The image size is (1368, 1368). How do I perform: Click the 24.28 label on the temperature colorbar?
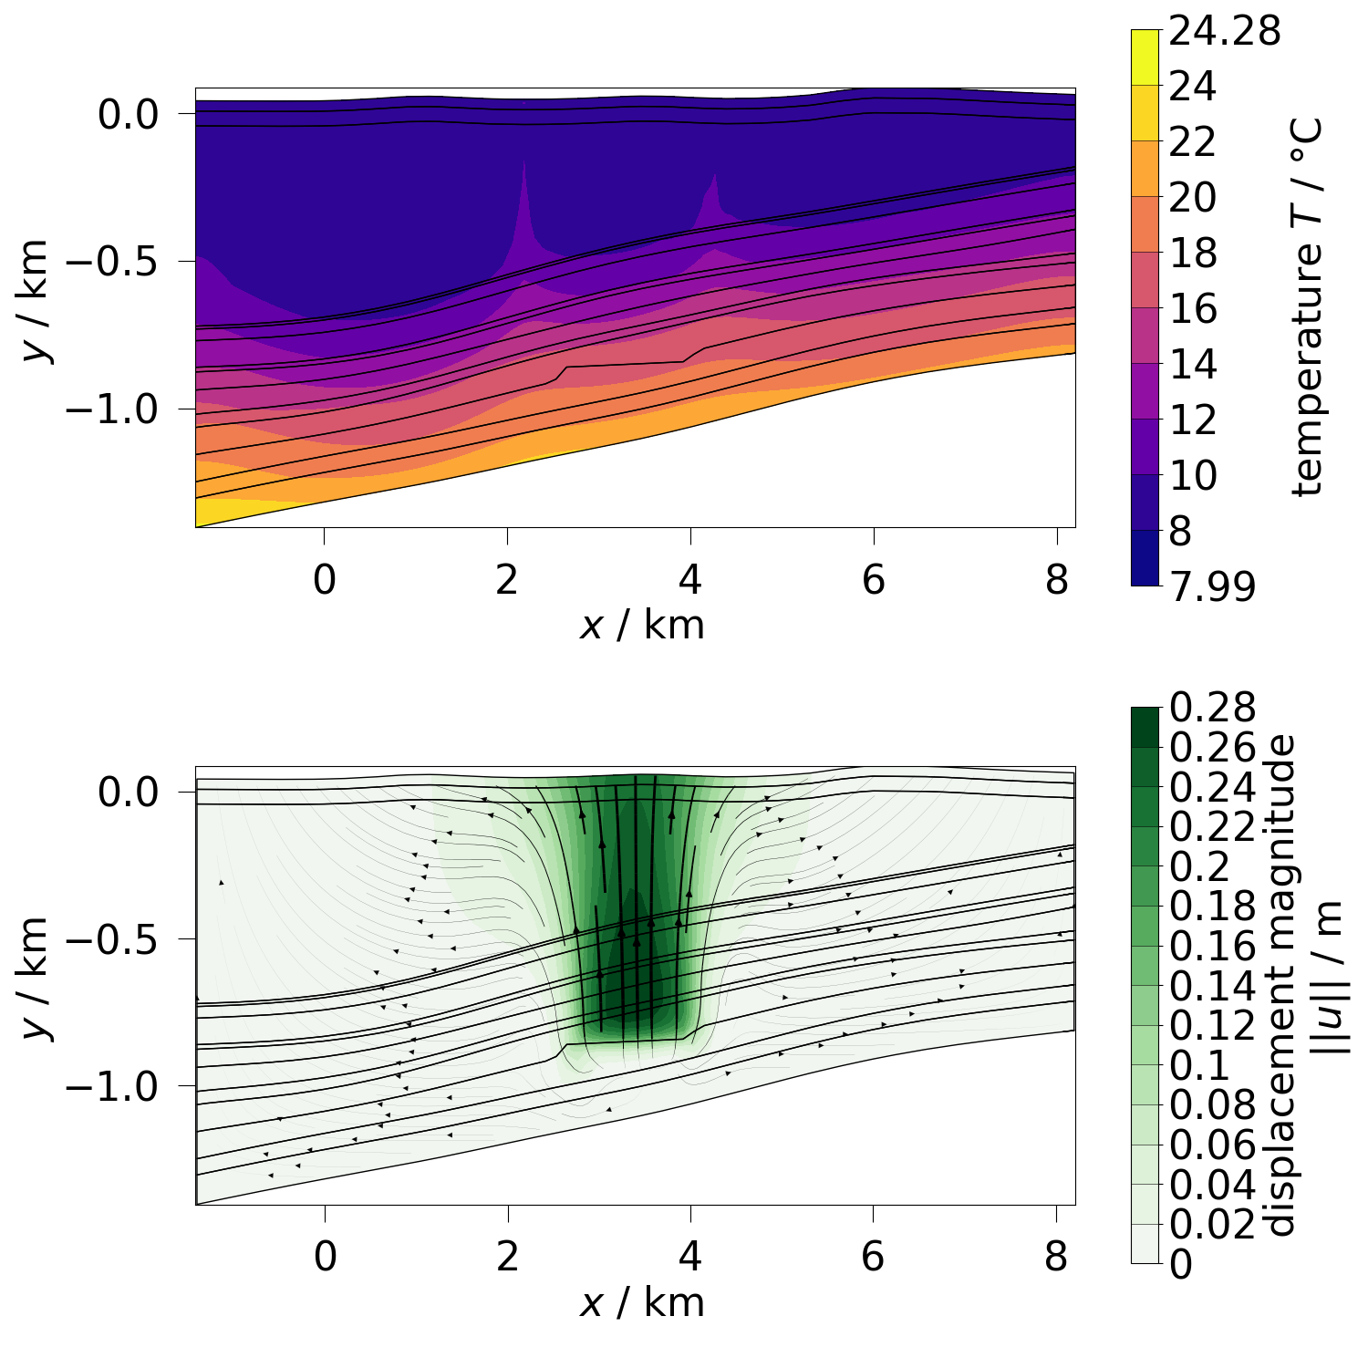1225,31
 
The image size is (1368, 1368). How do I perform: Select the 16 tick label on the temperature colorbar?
1193,309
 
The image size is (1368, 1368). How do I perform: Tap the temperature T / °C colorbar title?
1308,307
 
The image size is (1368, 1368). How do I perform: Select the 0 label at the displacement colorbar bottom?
1180,1265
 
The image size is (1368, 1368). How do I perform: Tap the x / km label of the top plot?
642,626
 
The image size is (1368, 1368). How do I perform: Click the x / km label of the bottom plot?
642,1303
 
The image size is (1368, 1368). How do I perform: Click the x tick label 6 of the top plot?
874,579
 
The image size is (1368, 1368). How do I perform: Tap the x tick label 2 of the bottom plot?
507,1257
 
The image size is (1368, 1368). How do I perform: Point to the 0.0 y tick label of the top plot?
141,115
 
